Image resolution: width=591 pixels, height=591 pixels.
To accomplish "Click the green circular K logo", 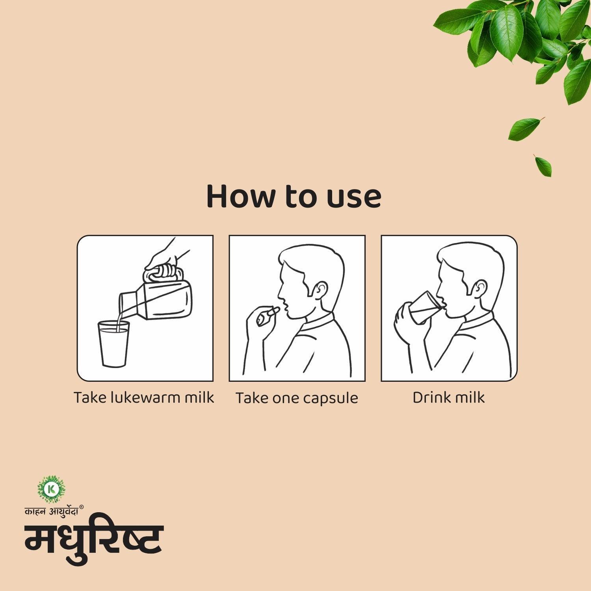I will point(51,489).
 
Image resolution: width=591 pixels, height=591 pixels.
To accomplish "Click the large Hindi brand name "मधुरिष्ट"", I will point(94,538).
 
